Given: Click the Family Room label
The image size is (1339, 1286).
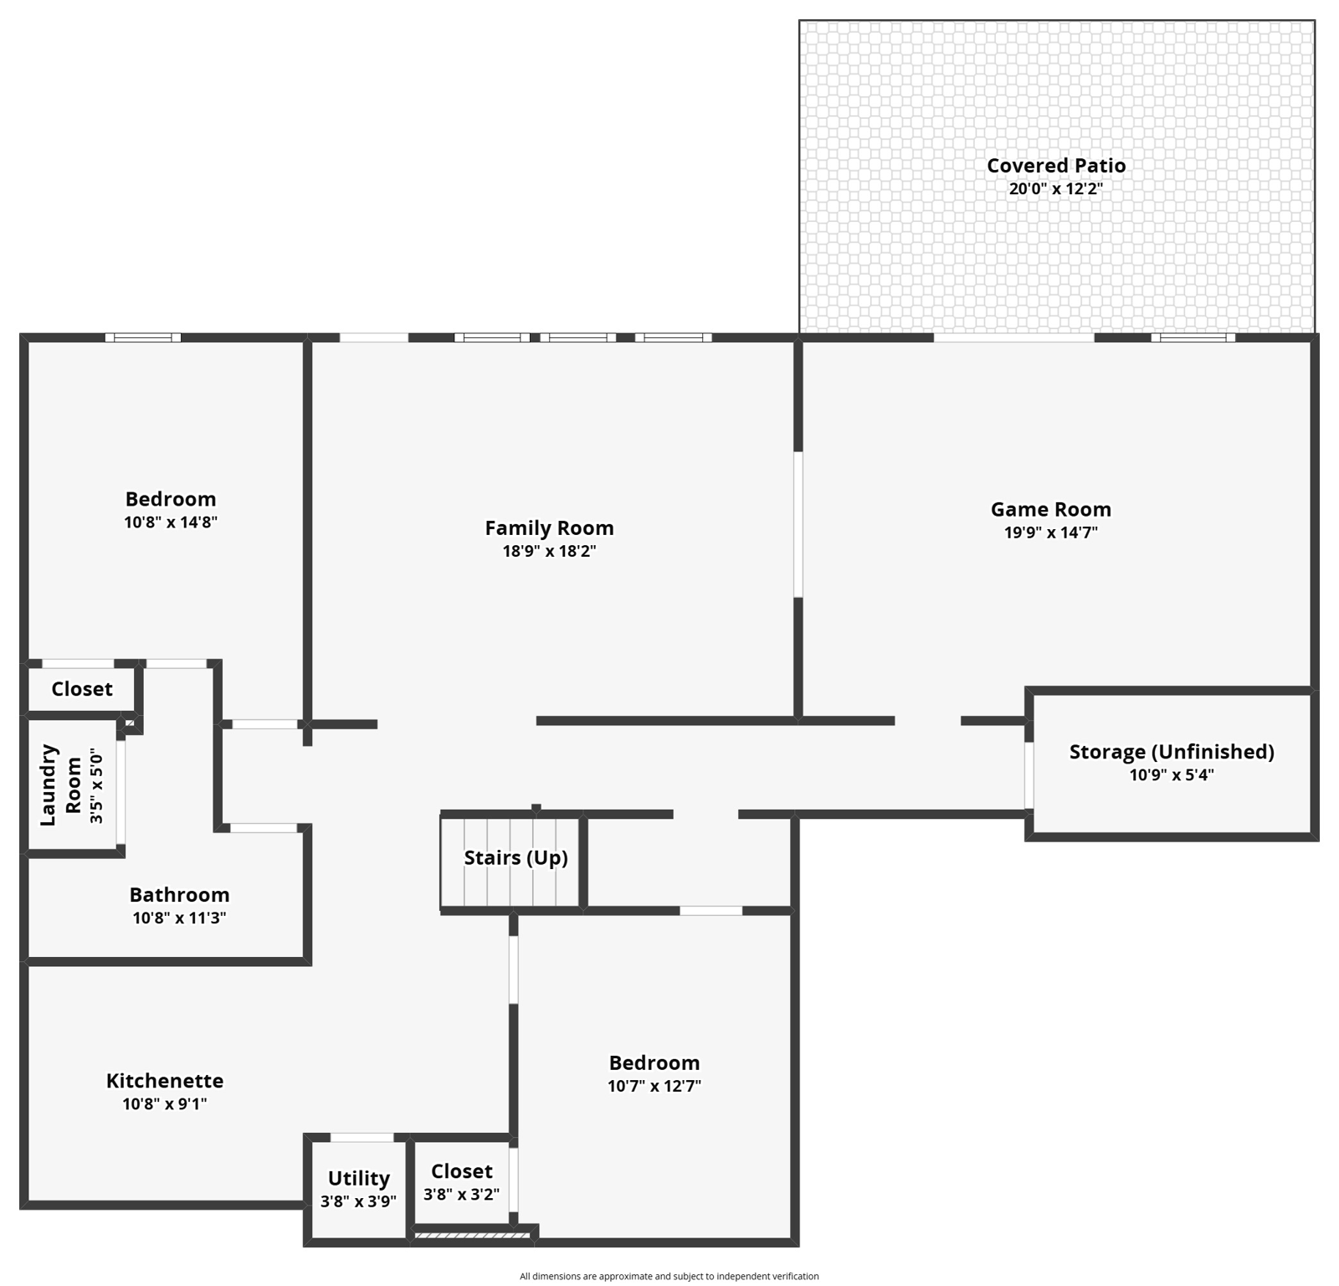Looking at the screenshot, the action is [x=549, y=528].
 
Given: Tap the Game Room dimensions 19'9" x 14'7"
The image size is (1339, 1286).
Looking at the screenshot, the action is [x=1051, y=532].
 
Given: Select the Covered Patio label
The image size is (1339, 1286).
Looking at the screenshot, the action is [x=1056, y=166].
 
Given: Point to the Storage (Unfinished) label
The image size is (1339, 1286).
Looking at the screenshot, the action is [x=1172, y=752].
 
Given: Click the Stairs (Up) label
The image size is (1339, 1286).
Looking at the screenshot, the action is [x=516, y=858].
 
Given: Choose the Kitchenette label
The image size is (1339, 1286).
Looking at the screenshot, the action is [x=165, y=1081].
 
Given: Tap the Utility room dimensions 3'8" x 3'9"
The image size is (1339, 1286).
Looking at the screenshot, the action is [x=358, y=1201].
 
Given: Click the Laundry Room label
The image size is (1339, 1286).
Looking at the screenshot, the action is [x=60, y=785].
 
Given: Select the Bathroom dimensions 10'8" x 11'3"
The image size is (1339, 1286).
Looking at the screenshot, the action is [x=179, y=918].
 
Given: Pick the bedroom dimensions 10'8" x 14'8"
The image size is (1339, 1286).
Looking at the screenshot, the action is [x=171, y=522].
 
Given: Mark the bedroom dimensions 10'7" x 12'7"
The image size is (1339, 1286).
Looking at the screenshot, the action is [x=654, y=1087].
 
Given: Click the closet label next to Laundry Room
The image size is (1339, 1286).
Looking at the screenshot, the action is [x=82, y=689].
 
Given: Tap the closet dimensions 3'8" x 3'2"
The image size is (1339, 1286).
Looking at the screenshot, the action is [x=461, y=1195].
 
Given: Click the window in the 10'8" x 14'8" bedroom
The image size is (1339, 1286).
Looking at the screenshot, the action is [x=143, y=338].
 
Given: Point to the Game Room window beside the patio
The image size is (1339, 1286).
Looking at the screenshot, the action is [x=1193, y=338].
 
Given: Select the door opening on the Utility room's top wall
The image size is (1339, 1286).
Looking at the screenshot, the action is [x=362, y=1138].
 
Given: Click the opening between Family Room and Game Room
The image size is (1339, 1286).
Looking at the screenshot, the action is [x=798, y=525].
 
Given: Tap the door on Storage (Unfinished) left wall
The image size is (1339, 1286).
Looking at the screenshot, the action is [x=1029, y=776].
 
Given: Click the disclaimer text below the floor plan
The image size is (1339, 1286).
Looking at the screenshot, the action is [x=669, y=1277].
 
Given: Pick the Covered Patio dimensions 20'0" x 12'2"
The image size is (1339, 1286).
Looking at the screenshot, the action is [x=1056, y=189].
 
